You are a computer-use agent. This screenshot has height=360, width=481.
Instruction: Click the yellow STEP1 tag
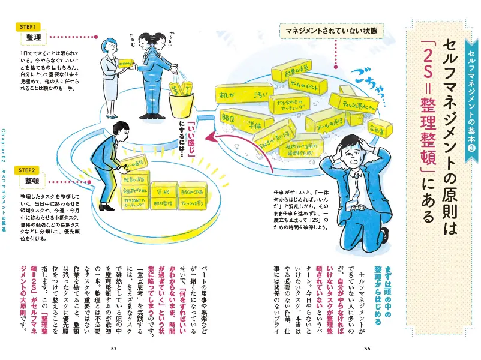[29, 27]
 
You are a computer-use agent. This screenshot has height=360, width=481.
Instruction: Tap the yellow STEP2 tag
[29, 170]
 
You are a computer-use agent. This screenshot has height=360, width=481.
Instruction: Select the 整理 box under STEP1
[33, 38]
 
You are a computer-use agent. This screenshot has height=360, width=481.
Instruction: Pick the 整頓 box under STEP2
[33, 181]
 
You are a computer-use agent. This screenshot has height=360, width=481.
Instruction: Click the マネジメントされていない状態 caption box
[329, 29]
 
